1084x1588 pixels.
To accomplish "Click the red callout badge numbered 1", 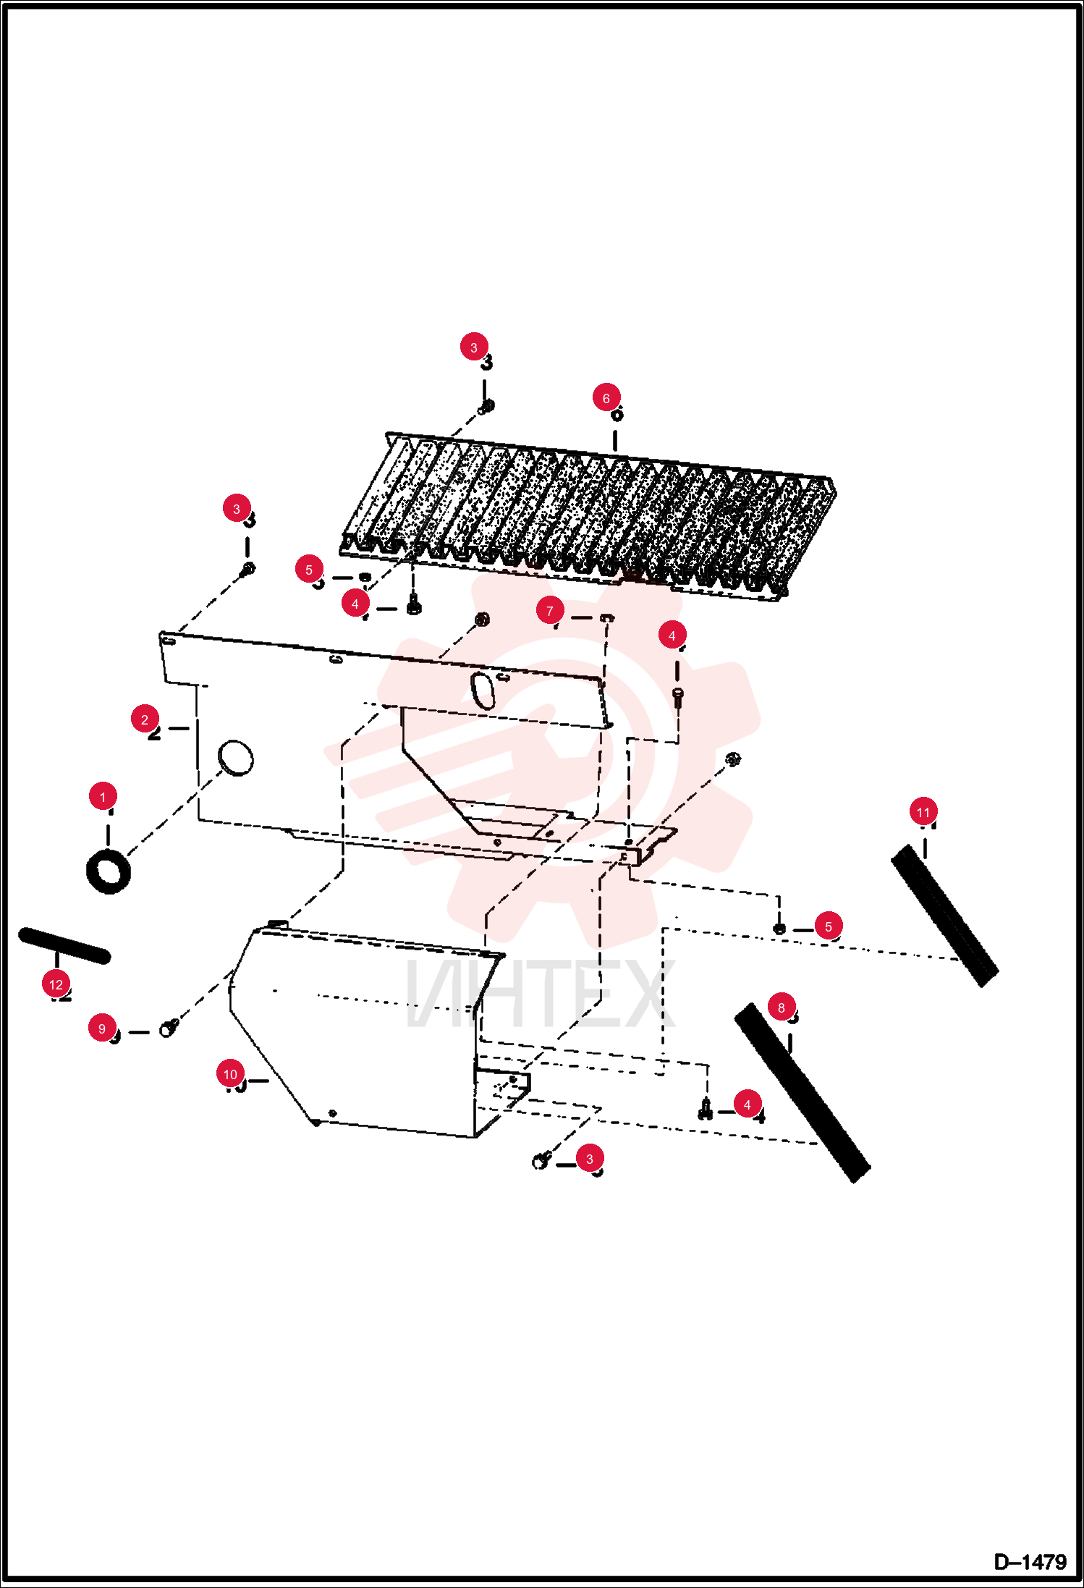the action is coord(103,796).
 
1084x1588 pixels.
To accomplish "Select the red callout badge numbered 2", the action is coord(145,719).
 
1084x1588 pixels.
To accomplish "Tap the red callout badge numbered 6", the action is coord(606,397).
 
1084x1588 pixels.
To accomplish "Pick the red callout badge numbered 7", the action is coord(550,610).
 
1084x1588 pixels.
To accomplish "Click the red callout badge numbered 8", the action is coord(782,1007).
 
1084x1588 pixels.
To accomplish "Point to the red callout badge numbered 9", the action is coord(102,1028).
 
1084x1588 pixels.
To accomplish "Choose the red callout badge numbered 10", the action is coord(230,1073).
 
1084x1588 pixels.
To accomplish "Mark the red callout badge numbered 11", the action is coord(923,811).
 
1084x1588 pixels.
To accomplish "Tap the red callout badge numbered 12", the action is coord(56,984).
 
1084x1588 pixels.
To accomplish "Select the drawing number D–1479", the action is coord(1030,1561).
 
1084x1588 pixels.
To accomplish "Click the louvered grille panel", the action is coord(588,515).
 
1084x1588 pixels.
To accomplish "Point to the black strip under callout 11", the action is coord(944,916).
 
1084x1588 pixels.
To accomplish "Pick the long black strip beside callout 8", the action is coord(803,1092).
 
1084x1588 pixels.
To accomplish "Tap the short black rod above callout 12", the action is coord(64,945).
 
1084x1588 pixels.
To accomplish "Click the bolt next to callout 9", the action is coord(169,1026).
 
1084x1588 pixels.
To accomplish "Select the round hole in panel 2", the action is coord(236,758).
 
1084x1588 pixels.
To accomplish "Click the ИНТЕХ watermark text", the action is coord(541,992).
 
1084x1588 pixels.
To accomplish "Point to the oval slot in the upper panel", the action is coord(483,690).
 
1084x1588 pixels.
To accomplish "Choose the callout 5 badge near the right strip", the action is coord(829,926).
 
